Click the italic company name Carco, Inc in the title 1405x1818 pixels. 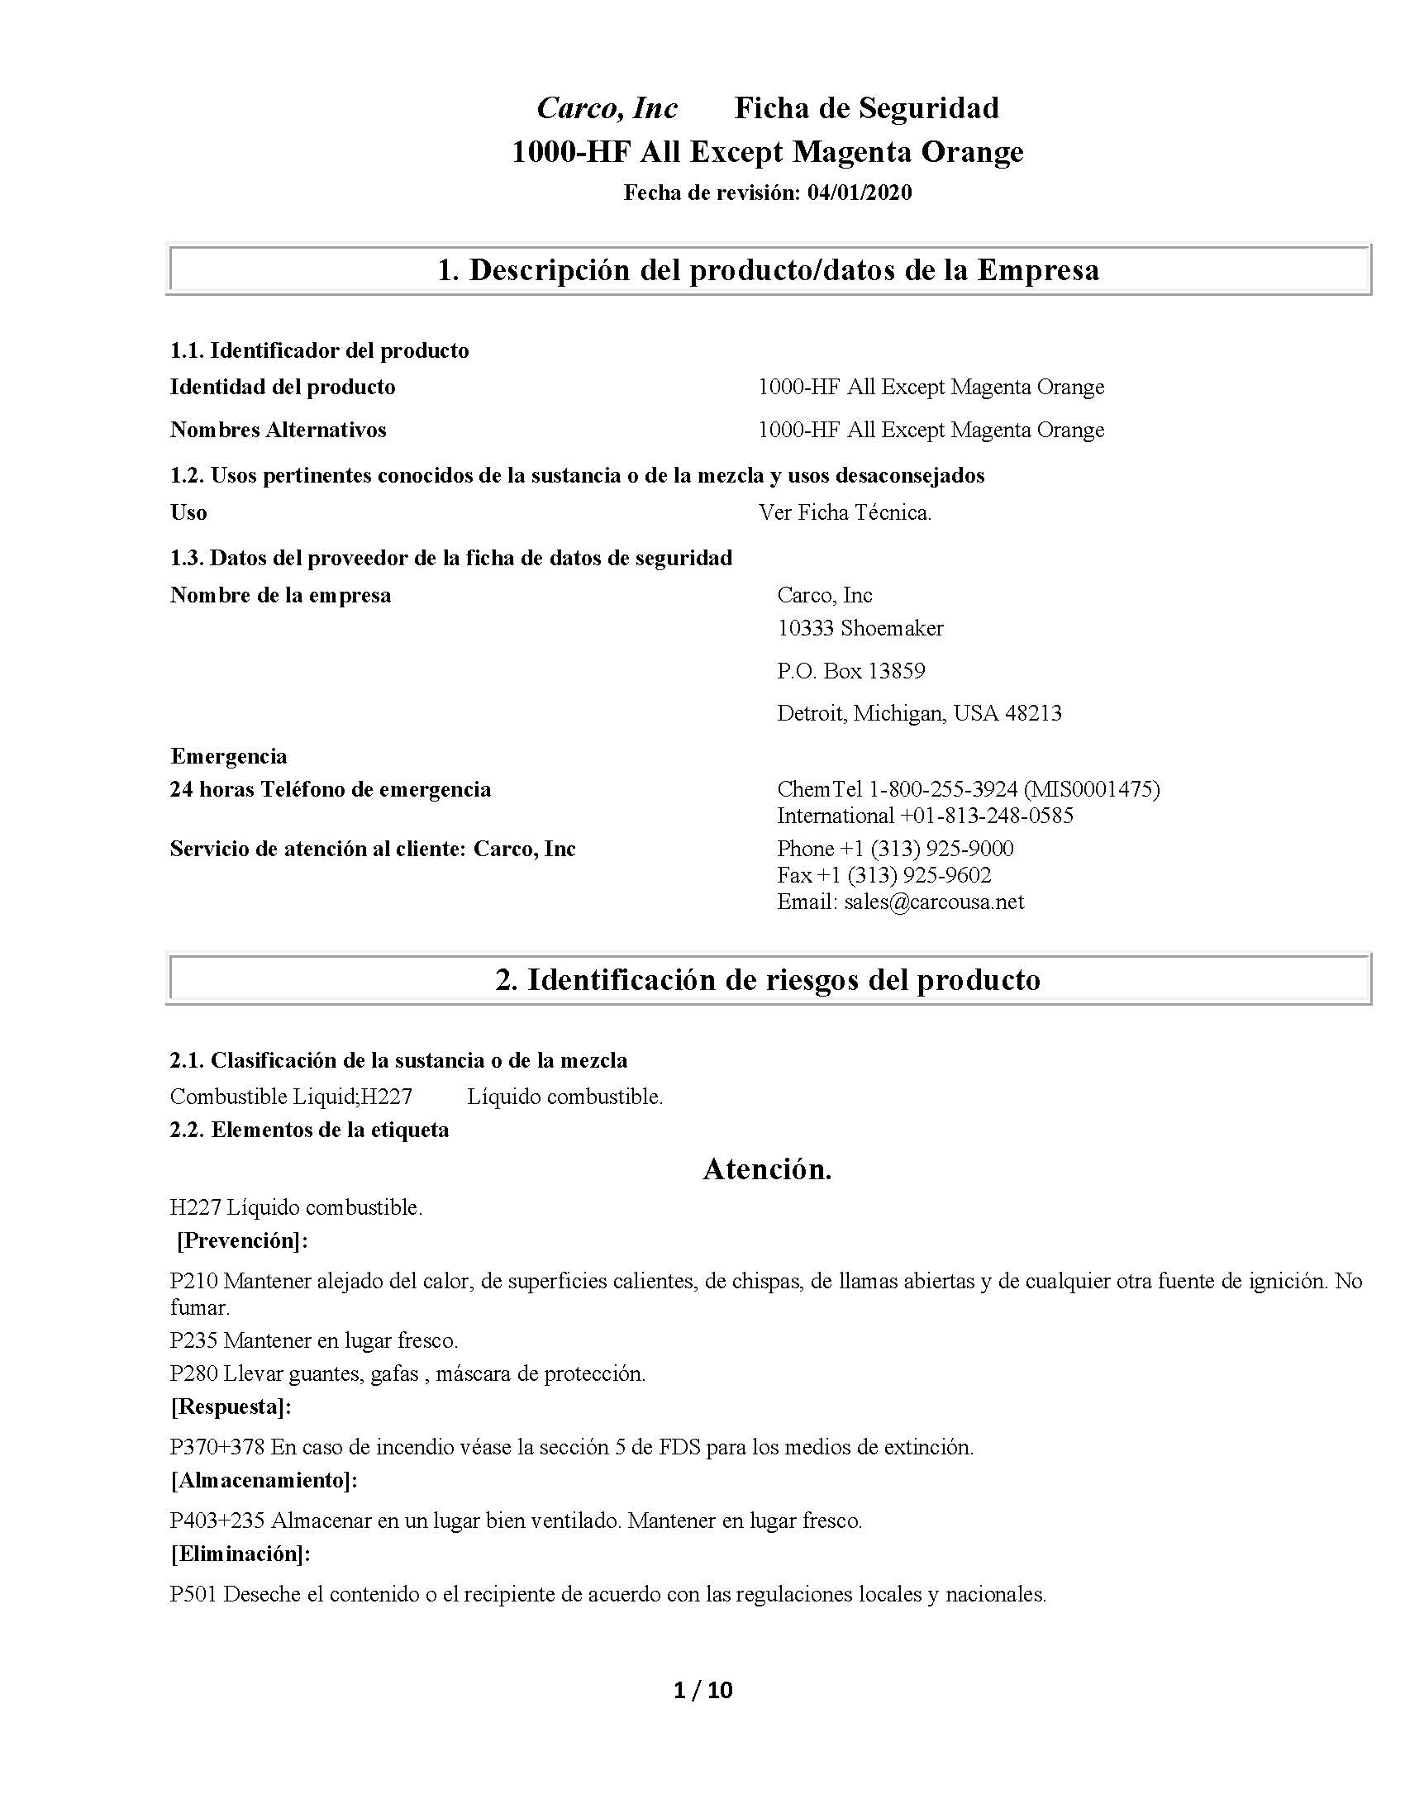607,108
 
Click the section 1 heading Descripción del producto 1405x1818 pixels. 768,269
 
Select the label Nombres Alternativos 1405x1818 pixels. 278,431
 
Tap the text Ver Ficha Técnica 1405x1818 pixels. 845,513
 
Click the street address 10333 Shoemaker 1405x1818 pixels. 860,629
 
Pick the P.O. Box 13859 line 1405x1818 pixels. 850,671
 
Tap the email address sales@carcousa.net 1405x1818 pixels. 934,902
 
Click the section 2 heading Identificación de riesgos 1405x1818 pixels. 768,980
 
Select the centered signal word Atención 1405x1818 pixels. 768,1170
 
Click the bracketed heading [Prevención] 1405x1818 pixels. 242,1241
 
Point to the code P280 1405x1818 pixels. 194,1374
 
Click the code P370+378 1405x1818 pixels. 217,1448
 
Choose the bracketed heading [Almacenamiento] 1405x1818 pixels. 264,1481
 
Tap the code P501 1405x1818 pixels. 194,1595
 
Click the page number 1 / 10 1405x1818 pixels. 702,1691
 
